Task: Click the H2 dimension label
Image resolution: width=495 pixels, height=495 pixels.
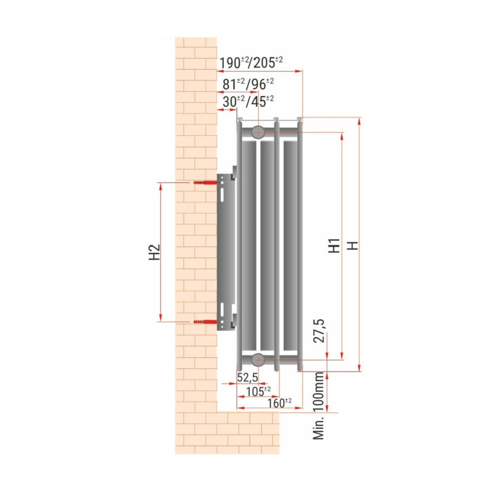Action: (154, 252)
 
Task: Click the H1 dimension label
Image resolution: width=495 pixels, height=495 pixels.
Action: (334, 245)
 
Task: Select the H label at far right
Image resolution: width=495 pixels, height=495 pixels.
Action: (353, 245)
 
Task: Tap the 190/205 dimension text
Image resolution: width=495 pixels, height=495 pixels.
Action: (251, 62)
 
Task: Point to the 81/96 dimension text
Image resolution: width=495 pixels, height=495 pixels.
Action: (248, 84)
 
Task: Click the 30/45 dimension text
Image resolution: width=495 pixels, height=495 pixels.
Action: (248, 101)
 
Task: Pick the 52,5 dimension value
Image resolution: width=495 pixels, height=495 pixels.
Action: (247, 377)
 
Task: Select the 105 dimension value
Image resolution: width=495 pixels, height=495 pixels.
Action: (258, 391)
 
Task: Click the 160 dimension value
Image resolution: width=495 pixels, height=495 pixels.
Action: (280, 403)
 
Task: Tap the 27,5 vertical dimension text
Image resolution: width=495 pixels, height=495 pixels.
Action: (319, 331)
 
